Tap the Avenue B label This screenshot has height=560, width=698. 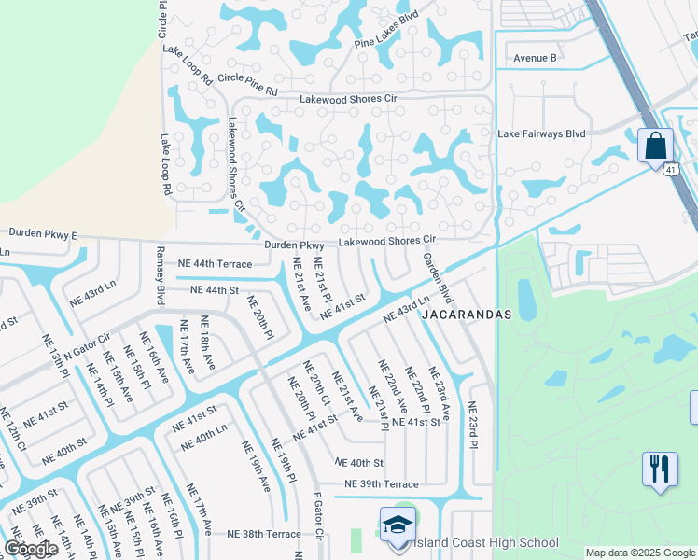click(535, 58)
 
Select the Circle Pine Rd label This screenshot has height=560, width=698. click(246, 85)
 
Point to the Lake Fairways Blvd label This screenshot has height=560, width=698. click(541, 133)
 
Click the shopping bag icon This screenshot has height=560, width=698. click(655, 147)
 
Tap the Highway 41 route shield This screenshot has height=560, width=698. click(671, 169)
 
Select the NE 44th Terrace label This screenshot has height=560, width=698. click(214, 264)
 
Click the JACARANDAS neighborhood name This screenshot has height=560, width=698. click(467, 315)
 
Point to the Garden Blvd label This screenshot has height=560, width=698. click(437, 279)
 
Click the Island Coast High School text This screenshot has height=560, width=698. click(486, 542)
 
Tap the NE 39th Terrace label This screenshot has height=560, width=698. click(382, 483)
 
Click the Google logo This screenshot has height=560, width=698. click(31, 549)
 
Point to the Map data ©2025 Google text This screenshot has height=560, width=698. click(639, 553)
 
